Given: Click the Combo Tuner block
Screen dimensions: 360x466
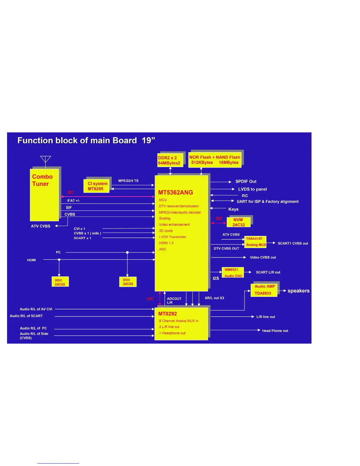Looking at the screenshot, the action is [44, 195].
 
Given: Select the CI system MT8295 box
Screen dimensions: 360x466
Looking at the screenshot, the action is [96, 186].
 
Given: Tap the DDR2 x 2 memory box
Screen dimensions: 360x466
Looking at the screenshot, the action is [170, 160].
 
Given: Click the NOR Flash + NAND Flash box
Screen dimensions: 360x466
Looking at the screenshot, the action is [215, 160].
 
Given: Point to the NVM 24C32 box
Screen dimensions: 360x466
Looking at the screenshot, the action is [239, 222].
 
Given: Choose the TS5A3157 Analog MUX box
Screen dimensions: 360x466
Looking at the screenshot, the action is [255, 242].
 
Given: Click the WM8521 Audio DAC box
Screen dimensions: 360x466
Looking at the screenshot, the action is [233, 272].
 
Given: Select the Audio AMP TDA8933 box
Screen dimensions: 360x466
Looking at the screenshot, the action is [264, 290].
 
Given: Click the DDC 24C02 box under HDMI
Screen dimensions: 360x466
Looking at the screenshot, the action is [60, 282].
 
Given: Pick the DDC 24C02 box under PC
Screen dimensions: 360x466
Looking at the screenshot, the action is [128, 282].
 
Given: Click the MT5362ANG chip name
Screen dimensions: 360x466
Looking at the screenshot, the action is [176, 192].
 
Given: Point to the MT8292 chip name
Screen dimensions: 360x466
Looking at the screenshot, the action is [168, 314].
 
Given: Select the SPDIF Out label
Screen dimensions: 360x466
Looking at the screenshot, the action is [246, 182].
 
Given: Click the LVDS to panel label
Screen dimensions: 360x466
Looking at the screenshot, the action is [252, 189].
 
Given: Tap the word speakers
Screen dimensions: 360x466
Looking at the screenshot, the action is [299, 291].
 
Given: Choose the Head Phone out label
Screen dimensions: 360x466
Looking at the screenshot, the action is [275, 331].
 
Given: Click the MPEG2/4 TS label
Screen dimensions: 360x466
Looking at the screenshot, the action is [128, 181].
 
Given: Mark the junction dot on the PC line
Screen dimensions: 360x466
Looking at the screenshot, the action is [127, 252].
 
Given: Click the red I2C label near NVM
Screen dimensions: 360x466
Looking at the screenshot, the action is [219, 218].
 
